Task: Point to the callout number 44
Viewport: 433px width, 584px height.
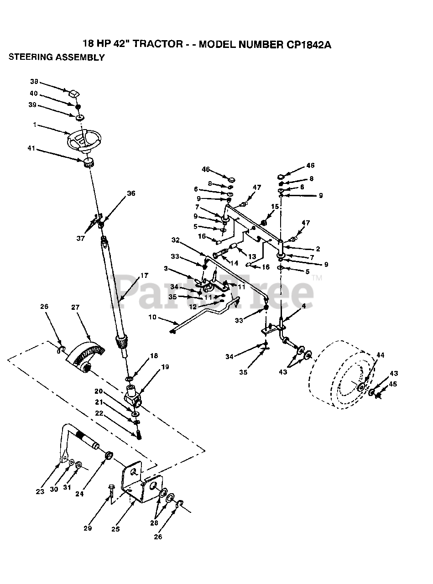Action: coord(380,355)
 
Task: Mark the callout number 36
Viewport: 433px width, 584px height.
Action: coord(131,193)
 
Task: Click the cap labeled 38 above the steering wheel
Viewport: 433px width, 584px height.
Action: coord(74,94)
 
